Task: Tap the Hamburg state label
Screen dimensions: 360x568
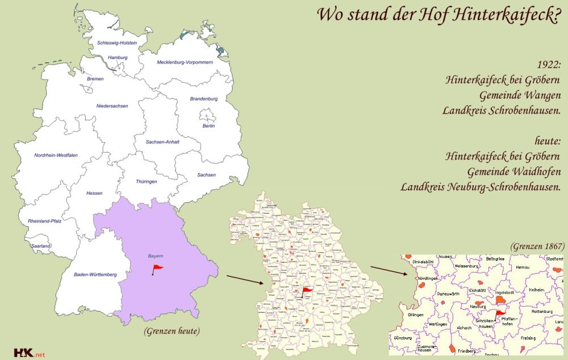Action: [x=118, y=57]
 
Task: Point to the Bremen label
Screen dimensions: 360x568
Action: [x=95, y=79]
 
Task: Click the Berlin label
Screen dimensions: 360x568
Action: [x=208, y=125]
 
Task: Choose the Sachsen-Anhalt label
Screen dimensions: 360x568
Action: [x=162, y=141]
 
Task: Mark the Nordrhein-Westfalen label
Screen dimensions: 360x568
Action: [x=56, y=155]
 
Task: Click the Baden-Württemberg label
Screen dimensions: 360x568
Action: [x=95, y=275]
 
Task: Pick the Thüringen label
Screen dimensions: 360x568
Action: [x=147, y=181]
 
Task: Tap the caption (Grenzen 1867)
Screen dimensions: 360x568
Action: [x=537, y=246]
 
